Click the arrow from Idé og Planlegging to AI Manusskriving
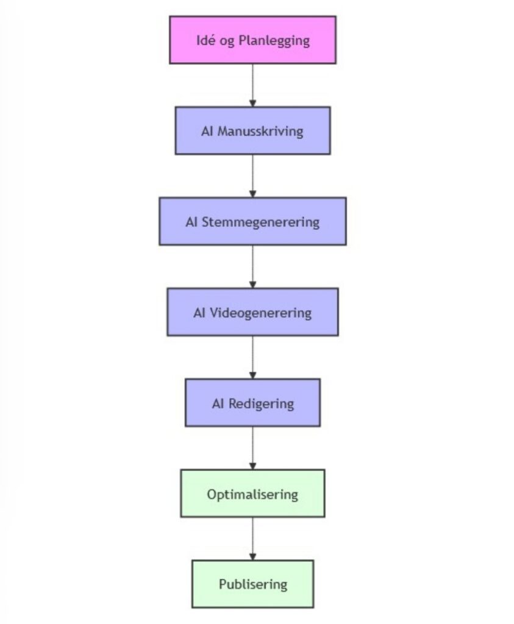pos(252,85)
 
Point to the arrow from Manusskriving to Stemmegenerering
pos(252,175)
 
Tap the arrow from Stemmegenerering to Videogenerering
pos(252,266)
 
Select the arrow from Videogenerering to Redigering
pos(252,357)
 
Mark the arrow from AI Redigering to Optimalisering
pos(252,448)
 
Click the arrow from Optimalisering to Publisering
pos(252,539)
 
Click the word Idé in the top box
pos(205,41)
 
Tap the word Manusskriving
pos(260,131)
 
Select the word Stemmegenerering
pos(260,222)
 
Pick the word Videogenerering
pos(260,313)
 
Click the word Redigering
pos(261,403)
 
